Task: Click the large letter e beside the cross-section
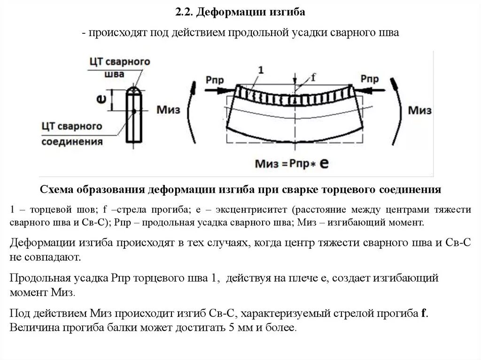(x=100, y=98)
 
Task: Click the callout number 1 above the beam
(x=261, y=69)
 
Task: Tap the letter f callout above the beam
(x=313, y=78)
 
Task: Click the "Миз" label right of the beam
(x=419, y=111)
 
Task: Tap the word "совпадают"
(x=59, y=258)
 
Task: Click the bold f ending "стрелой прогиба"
(x=424, y=313)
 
